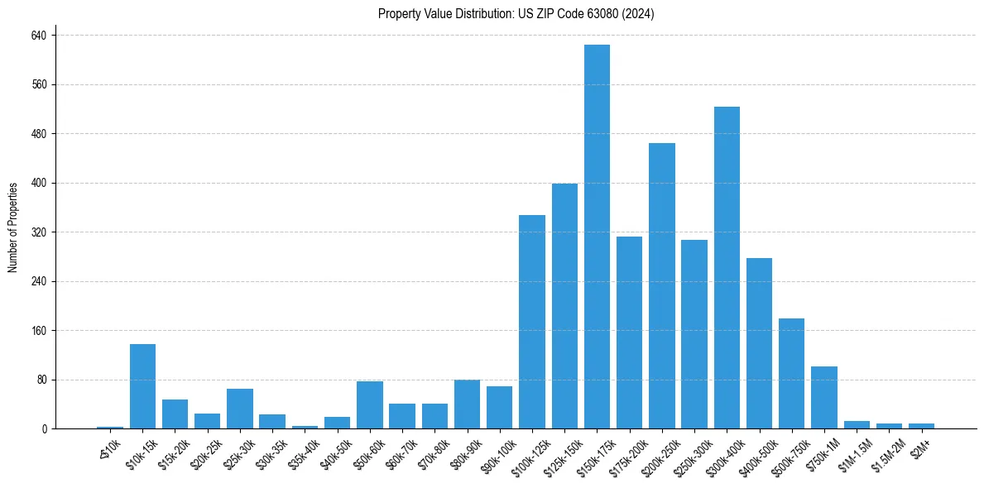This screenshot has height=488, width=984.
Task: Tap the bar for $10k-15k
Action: point(142,386)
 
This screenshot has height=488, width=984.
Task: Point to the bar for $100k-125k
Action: point(532,322)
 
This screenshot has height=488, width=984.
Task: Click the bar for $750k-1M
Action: point(824,397)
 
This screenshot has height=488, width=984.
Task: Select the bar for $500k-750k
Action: point(791,373)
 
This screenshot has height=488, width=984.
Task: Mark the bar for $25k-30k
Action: point(240,409)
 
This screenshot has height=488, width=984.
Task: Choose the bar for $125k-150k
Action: point(564,306)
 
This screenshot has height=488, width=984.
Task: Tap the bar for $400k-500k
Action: point(759,343)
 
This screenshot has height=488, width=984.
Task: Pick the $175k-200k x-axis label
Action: point(628,453)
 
